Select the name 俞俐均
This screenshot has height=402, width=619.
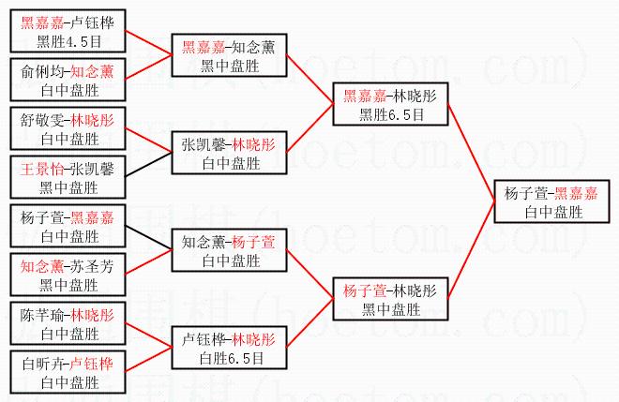click(x=38, y=71)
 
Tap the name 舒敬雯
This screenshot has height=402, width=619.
click(x=38, y=120)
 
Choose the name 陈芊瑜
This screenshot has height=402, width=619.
click(x=38, y=315)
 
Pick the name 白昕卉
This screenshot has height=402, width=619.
click(x=38, y=364)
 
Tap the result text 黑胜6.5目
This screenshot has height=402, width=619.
click(x=392, y=114)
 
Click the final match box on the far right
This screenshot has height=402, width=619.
click(x=551, y=201)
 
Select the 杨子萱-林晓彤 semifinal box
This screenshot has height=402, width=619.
click(x=392, y=299)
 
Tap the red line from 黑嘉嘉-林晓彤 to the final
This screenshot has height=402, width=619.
click(x=472, y=151)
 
